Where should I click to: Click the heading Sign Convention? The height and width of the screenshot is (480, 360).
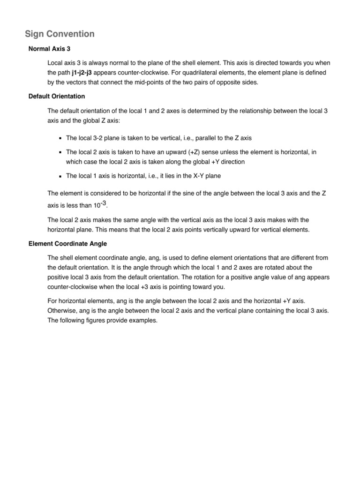point(60,34)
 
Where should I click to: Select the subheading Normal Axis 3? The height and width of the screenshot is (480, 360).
point(50,49)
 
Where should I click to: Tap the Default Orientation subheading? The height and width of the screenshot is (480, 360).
point(57,96)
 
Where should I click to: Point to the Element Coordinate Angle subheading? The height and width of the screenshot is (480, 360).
point(67,244)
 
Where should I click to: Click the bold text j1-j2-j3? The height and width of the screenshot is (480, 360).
point(85,73)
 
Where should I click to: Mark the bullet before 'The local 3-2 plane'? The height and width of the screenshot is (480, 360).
point(61,138)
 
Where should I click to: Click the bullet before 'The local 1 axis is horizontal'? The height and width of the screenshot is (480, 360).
point(61,176)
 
